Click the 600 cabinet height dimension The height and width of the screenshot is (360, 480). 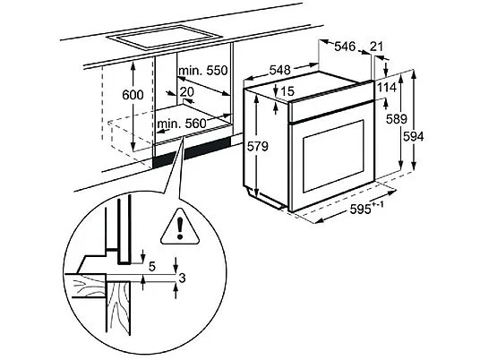(133, 95)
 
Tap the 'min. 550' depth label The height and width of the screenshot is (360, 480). (203, 71)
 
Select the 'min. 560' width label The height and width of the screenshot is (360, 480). (182, 124)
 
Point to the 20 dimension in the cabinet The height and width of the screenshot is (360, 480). (187, 91)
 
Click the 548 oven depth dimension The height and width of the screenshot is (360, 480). (279, 70)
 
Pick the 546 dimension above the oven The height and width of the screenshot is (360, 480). (345, 47)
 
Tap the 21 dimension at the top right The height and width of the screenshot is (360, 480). (376, 47)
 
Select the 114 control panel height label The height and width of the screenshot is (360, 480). (387, 88)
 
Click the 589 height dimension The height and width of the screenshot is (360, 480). (397, 119)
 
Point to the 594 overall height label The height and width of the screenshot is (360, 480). (413, 136)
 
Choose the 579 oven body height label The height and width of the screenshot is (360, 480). (257, 147)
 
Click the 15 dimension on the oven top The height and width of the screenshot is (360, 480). (287, 91)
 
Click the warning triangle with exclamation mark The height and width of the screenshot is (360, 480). (180, 227)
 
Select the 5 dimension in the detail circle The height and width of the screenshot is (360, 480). (152, 267)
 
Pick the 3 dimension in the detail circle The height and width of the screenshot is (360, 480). (182, 279)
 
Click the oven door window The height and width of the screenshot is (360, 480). (334, 156)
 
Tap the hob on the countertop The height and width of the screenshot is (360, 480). (165, 37)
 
